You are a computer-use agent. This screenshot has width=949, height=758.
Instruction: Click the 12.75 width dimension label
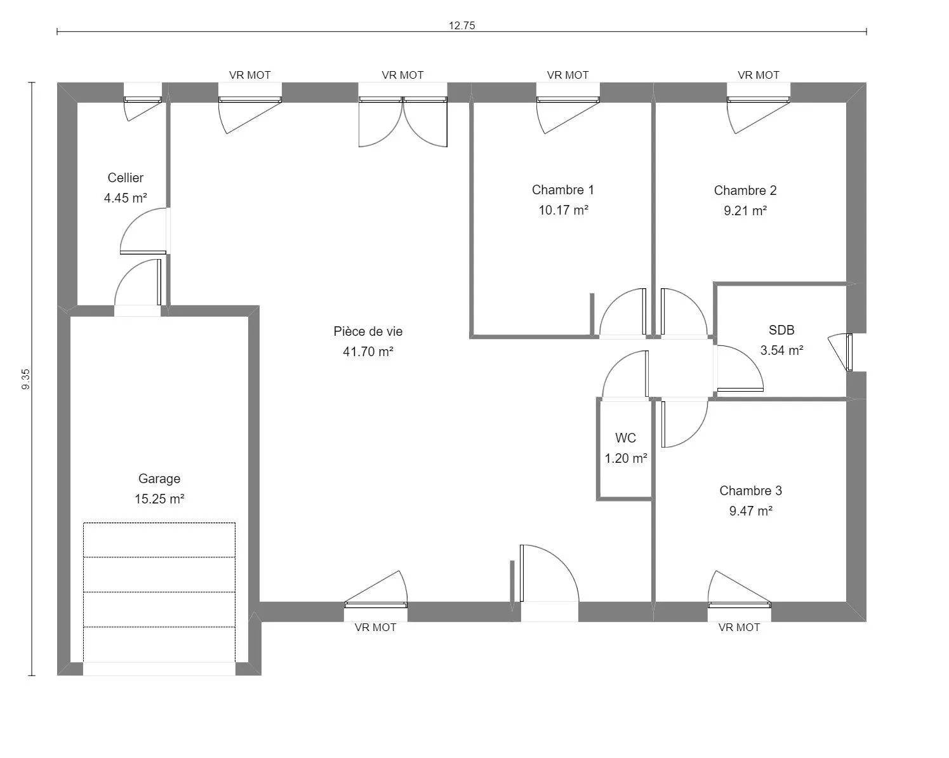coord(461,25)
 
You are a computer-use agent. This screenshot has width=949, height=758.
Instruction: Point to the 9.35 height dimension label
coord(26,379)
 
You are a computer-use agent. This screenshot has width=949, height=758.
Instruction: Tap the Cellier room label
coord(125,178)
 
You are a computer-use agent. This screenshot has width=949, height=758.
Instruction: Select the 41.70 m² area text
coord(368,352)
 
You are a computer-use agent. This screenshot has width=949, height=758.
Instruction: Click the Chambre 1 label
coord(562,190)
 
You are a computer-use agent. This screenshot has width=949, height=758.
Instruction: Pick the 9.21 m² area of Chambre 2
coord(745,211)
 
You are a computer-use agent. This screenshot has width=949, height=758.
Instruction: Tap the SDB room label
coord(781,330)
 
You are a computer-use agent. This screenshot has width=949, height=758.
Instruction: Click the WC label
coord(625,438)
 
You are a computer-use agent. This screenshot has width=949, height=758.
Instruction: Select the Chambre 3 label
coord(750,490)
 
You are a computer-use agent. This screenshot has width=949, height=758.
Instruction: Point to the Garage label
coord(159,479)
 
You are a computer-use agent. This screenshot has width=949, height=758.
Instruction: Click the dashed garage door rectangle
coord(159,592)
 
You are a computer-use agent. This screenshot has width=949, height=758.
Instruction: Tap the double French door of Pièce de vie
coord(402,122)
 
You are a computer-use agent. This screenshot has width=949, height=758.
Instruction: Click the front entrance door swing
coord(549,573)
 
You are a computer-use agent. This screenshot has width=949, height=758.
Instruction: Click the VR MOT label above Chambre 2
coord(758,75)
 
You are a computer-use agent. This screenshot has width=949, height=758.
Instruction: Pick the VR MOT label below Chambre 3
coord(739,627)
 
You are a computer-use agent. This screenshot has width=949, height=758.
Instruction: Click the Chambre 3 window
coord(739,590)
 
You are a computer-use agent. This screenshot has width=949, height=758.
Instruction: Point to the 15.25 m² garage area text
coord(159,499)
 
